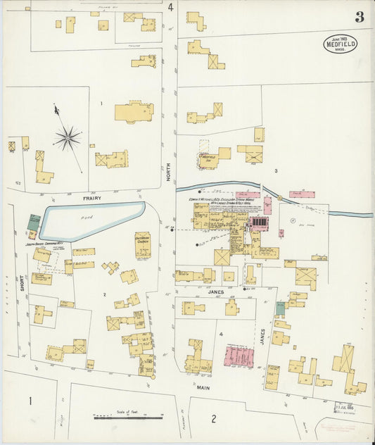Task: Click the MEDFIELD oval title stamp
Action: pos(340,44)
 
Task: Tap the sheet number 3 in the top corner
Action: pos(359,18)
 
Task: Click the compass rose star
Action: pos(68,138)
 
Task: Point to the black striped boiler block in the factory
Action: pos(259,222)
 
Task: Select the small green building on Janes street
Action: pos(281,308)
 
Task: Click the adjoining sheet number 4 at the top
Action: pos(171,8)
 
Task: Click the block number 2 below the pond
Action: pos(103,294)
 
